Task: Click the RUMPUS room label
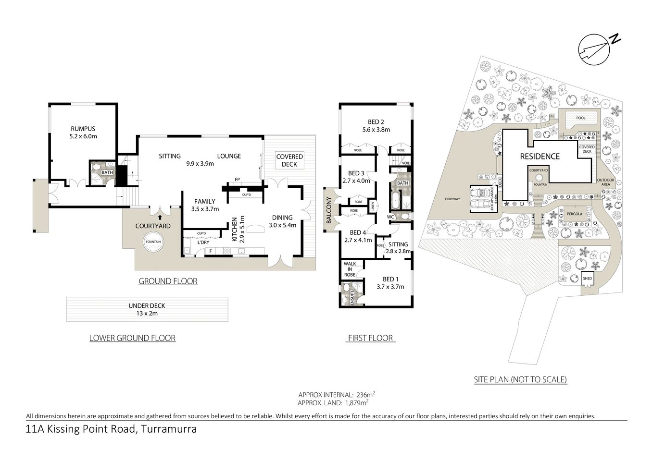coord(83,129)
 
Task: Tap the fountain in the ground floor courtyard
coord(153,242)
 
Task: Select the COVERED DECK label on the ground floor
coord(289,160)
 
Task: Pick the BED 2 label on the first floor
coord(376,122)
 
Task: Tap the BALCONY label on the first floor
coord(329,210)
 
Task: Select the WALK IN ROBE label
coord(350,269)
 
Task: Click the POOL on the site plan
coord(581,118)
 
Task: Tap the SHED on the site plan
coord(587,279)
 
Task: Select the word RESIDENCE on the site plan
coord(539,156)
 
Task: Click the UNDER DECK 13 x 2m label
coord(147,309)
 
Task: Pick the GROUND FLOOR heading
coord(168,281)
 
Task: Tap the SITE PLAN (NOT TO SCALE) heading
coord(520,379)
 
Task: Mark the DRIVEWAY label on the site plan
coord(452,199)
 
